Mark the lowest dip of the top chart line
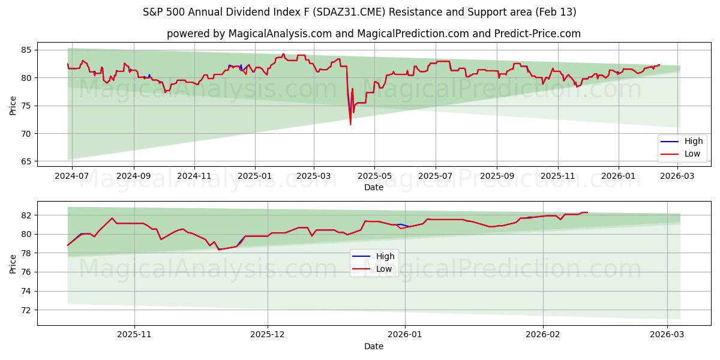(x=350, y=124)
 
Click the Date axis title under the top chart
(x=373, y=187)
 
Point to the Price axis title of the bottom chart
(x=13, y=263)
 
